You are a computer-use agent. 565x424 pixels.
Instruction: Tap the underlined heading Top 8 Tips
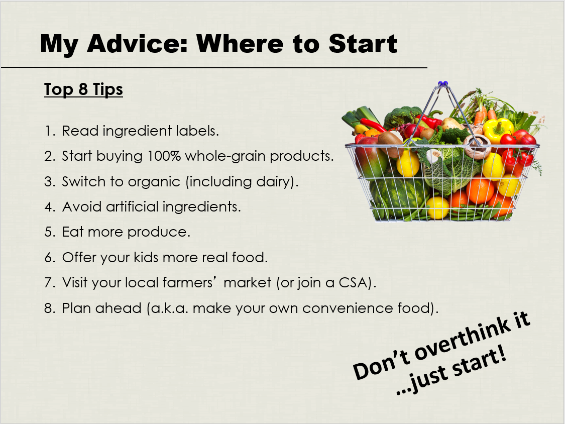(x=83, y=89)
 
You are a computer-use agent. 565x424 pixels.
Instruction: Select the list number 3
(x=49, y=182)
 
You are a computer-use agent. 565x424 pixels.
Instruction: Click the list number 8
(x=49, y=308)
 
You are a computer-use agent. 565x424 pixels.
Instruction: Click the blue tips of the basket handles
(x=442, y=83)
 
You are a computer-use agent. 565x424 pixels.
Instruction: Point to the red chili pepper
(x=374, y=125)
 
